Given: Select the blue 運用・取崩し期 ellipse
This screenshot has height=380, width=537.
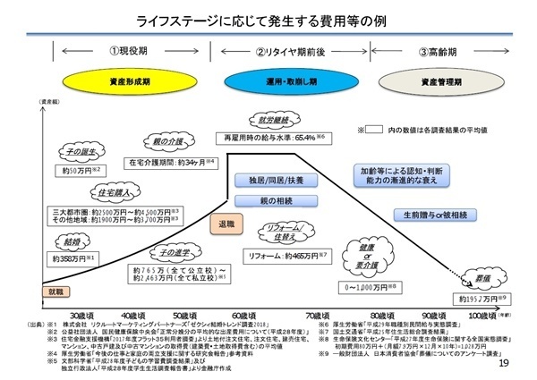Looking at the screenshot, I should [291, 80].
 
